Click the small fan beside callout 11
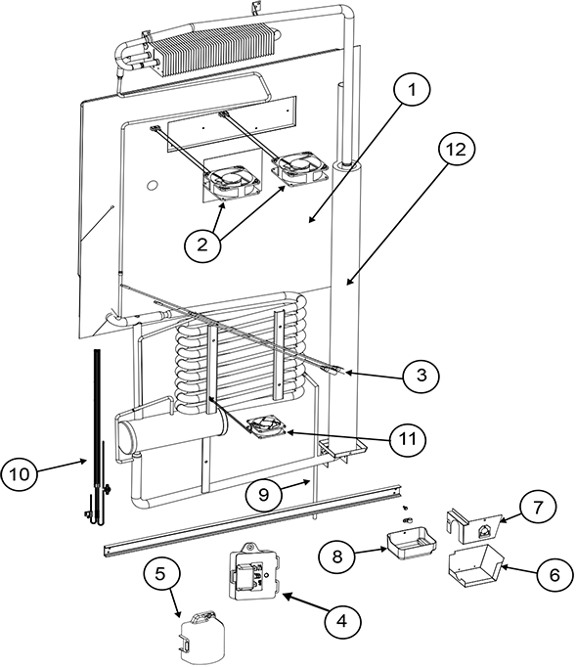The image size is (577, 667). [x=265, y=427]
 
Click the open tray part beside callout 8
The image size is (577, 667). [x=408, y=544]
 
